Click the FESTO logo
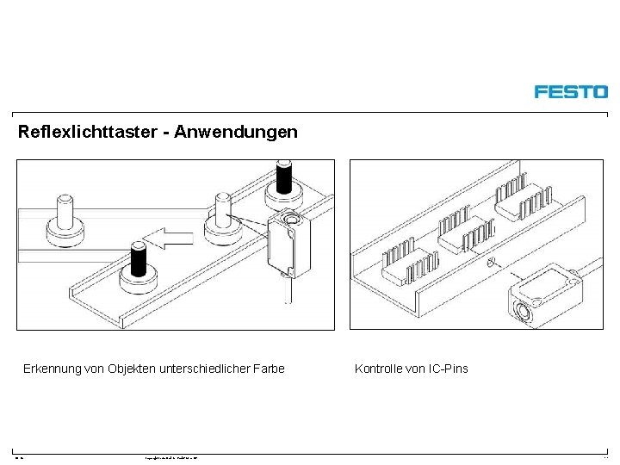click(x=570, y=91)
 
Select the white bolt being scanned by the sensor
click(x=220, y=217)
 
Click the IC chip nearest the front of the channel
click(x=404, y=264)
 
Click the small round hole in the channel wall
click(x=491, y=262)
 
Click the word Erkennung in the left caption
click(x=53, y=369)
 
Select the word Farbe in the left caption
click(x=266, y=369)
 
